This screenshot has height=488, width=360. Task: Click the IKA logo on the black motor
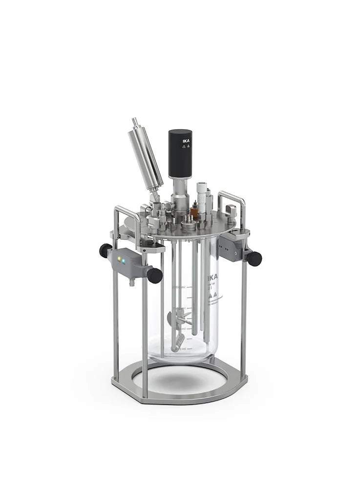point(186,142)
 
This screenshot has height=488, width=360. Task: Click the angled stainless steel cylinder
point(146,159)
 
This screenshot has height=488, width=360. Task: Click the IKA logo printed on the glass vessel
point(213,278)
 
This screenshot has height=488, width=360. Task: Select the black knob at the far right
point(254,259)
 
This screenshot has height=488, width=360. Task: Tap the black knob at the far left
point(105,250)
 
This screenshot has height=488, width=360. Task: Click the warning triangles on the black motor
point(186,146)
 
